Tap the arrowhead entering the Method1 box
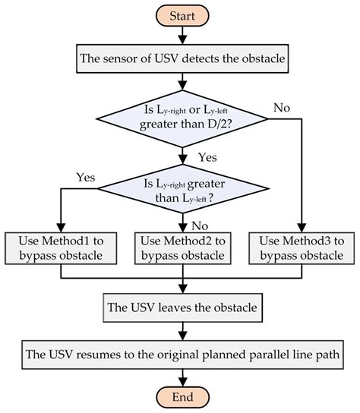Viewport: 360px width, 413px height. (x=60, y=227)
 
